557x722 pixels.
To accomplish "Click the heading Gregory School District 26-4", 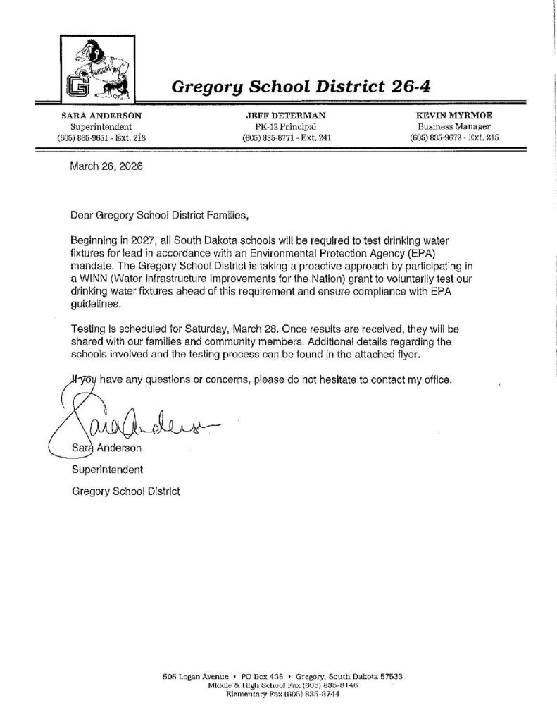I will pyautogui.click(x=301, y=87).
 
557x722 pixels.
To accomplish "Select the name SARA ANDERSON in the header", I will pyautogui.click(x=101, y=115).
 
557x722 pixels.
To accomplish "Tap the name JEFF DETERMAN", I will pyautogui.click(x=286, y=115).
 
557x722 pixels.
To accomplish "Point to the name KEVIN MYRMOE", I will pyautogui.click(x=453, y=115).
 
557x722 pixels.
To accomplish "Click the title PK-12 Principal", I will pyautogui.click(x=286, y=126).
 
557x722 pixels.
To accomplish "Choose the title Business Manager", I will pyautogui.click(x=453, y=126).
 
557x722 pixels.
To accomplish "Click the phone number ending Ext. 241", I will pyautogui.click(x=286, y=138).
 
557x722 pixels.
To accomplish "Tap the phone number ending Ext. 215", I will pyautogui.click(x=453, y=138).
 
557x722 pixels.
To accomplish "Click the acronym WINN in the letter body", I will pyautogui.click(x=94, y=279).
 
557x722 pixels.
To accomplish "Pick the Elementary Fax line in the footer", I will pyautogui.click(x=282, y=695).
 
